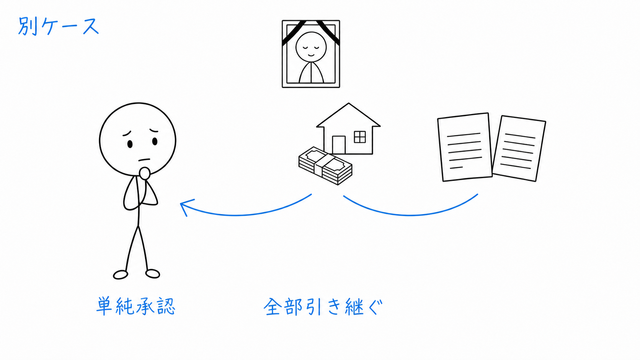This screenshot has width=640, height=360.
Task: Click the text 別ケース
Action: click(x=59, y=26)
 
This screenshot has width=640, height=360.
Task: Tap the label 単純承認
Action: click(x=136, y=306)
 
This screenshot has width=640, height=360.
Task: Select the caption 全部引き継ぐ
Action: click(x=323, y=307)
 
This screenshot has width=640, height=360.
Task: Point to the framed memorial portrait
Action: click(x=311, y=54)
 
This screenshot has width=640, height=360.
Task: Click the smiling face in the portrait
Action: click(x=311, y=47)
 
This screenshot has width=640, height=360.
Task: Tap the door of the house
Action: click(x=339, y=145)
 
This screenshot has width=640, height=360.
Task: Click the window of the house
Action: click(x=360, y=137)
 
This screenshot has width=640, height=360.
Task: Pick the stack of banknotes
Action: click(x=325, y=166)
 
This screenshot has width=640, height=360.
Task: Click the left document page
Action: click(x=465, y=147)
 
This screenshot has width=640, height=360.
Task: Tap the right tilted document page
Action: click(x=519, y=148)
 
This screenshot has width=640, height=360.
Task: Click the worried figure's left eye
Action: click(x=155, y=141)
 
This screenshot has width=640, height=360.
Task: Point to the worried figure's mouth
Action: click(x=144, y=160)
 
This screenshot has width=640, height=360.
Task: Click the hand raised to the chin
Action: click(x=145, y=174)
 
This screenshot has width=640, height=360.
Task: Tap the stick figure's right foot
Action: click(x=121, y=275)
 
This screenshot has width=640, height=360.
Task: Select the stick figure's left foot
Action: click(x=153, y=274)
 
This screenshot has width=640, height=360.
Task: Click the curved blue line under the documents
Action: click(x=411, y=211)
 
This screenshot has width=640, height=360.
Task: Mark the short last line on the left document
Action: click(x=456, y=168)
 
